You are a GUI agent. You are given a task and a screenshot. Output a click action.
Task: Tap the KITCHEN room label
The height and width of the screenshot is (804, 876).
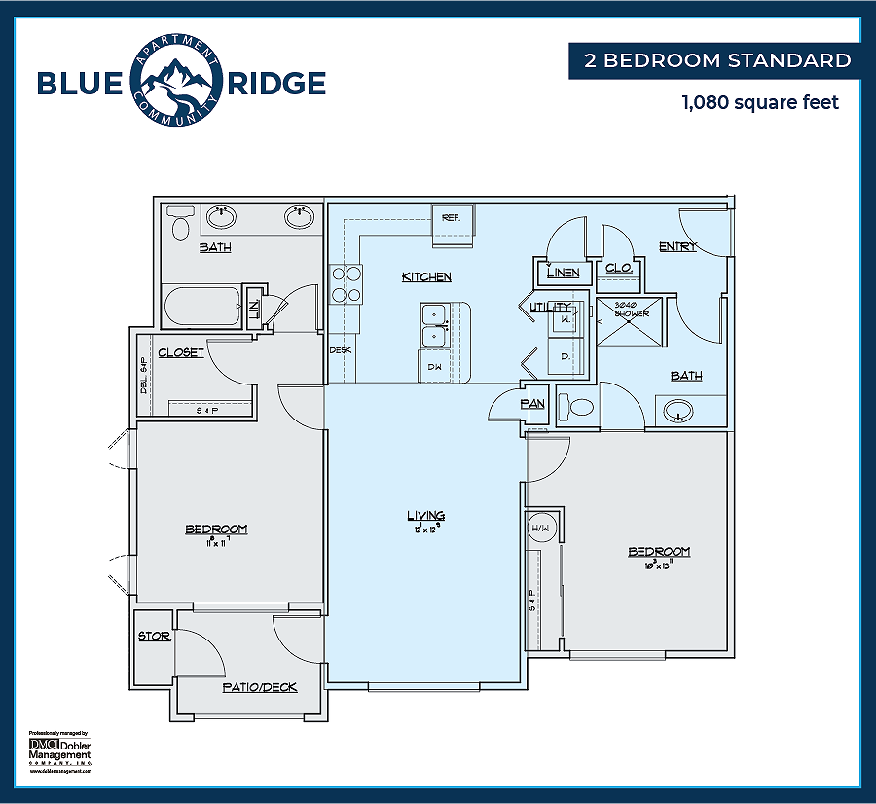coord(426,277)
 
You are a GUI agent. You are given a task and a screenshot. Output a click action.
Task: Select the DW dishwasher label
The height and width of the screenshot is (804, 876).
coord(435,367)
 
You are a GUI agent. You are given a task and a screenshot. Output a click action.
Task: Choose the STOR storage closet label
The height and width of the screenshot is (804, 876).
coord(154,637)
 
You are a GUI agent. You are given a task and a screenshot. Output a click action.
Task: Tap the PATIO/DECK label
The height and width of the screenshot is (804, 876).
coord(259,687)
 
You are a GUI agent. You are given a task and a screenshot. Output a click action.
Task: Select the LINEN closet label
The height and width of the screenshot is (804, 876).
coord(563,274)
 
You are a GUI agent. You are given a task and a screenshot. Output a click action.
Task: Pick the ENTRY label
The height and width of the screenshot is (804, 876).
coord(677,246)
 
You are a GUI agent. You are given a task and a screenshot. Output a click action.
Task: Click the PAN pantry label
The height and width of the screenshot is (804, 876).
coord(532,403)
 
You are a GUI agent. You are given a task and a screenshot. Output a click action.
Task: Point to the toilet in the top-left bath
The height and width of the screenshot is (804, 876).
coord(179,227)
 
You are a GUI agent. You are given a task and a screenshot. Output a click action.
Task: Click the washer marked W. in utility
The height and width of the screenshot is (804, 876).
coord(566,319)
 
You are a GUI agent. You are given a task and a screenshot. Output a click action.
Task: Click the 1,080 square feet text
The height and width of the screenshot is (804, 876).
coord(760,101)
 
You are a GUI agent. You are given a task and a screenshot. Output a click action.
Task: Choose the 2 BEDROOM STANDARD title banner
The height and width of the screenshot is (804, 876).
coord(716,60)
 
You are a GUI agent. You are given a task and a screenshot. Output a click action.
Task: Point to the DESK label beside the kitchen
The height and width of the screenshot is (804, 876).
coord(340,349)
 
